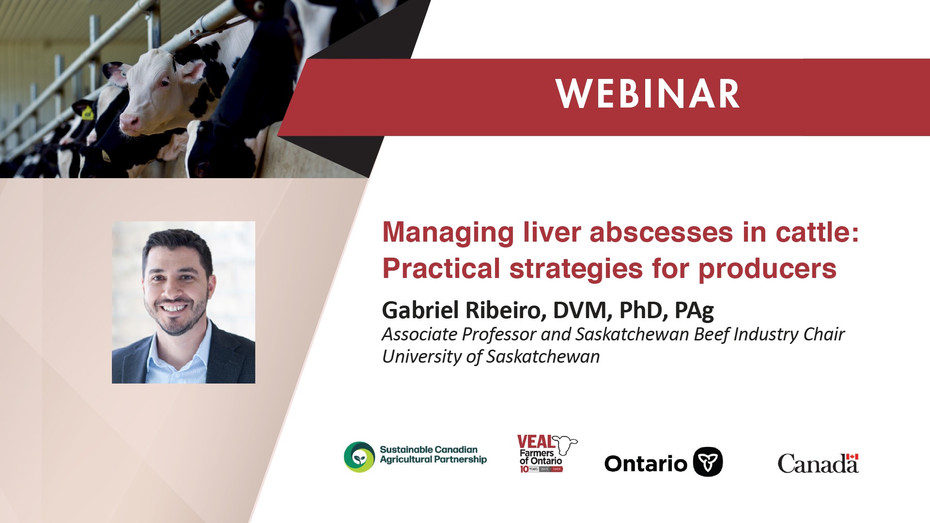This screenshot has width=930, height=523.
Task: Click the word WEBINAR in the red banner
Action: pyautogui.click(x=648, y=94)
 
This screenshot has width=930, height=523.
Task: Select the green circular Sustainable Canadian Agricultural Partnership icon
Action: pyautogui.click(x=359, y=457)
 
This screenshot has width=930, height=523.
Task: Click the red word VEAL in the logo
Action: pyautogui.click(x=536, y=442)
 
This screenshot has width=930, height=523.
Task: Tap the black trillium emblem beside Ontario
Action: pyautogui.click(x=708, y=462)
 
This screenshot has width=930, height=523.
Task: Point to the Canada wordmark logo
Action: pyautogui.click(x=818, y=463)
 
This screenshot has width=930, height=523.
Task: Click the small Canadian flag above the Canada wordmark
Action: pyautogui.click(x=852, y=457)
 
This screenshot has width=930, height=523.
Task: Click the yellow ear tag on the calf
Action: pyautogui.click(x=87, y=114)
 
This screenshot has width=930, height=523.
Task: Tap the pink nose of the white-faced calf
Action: pyautogui.click(x=129, y=123)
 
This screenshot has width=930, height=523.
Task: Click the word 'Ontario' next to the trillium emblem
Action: pyautogui.click(x=646, y=463)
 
